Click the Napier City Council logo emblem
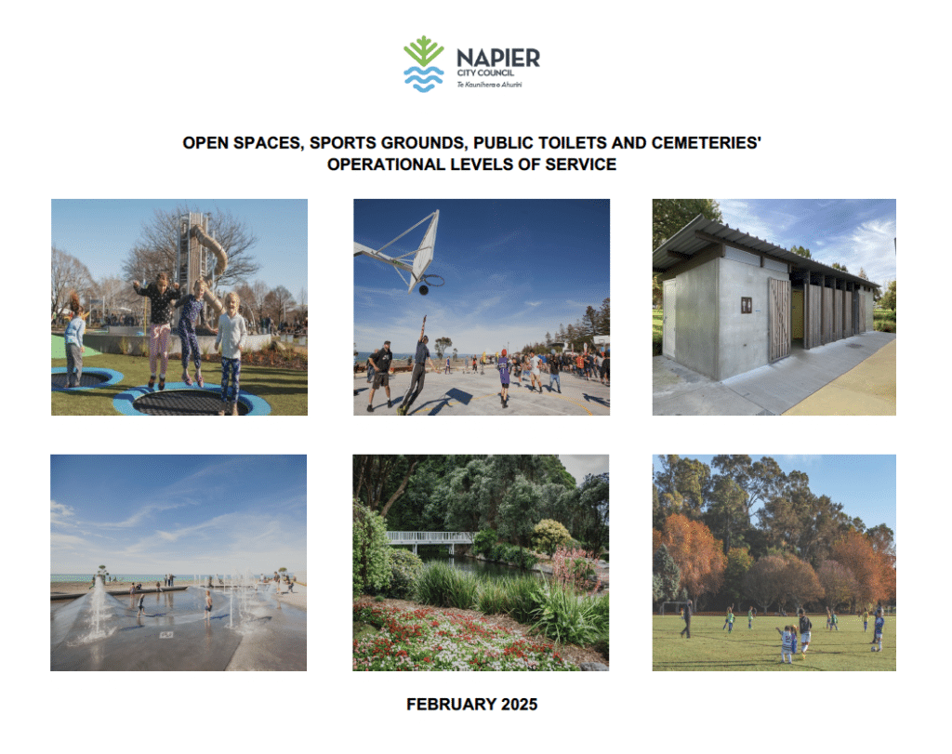pos(423,63)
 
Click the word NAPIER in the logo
pos(497,58)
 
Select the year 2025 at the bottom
pos(518,704)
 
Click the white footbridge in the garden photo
pos(430,537)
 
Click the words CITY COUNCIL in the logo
pos(483,73)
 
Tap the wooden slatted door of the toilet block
pos(778,320)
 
